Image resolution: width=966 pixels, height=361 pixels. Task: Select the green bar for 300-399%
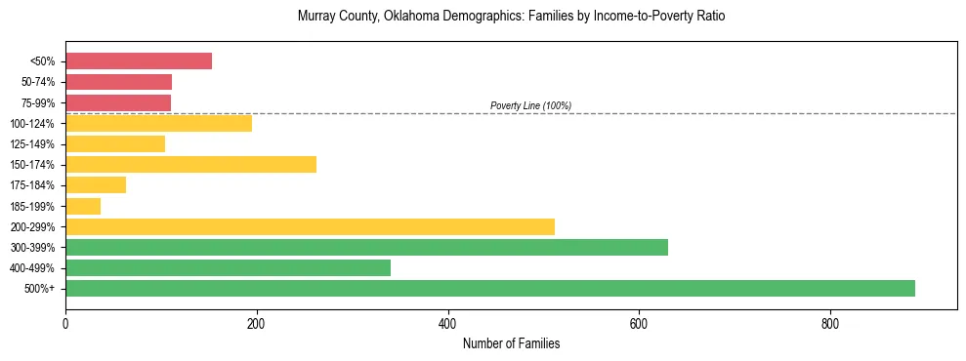(366, 247)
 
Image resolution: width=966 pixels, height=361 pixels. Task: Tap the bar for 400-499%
(228, 267)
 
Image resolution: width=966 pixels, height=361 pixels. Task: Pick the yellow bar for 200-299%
(310, 226)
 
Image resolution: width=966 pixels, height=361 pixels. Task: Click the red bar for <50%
(139, 60)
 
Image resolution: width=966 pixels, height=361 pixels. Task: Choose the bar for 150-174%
(190, 164)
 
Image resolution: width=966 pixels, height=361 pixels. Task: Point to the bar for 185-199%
(83, 206)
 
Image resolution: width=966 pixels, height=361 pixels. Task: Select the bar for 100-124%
(158, 123)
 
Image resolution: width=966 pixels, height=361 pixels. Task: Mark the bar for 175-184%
(96, 184)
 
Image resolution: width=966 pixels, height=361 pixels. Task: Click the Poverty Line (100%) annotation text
(530, 105)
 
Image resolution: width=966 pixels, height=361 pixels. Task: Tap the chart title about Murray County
(511, 17)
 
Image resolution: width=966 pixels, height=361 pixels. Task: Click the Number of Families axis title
(511, 343)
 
